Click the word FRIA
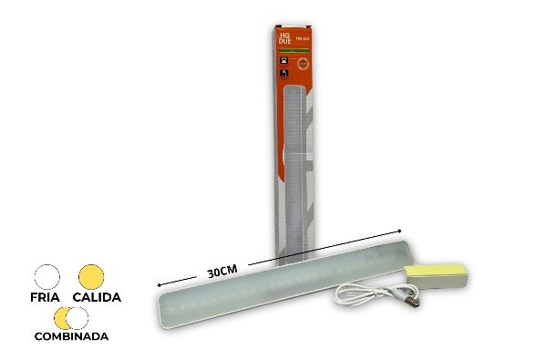(46, 297)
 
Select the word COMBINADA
(70, 336)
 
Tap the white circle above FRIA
(46, 275)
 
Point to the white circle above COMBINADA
(78, 318)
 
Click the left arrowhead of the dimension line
(160, 283)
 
